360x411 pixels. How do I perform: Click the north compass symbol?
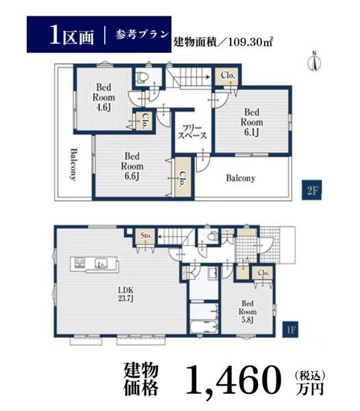tap(314, 61)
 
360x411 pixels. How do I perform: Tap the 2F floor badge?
tap(311, 190)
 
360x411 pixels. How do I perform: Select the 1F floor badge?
tap(290, 329)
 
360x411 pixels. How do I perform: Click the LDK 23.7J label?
tap(126, 294)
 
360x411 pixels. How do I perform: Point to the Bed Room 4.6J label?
tap(103, 97)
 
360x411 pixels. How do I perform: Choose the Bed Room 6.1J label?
tap(252, 122)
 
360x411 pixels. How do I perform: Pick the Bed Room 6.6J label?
tap(132, 166)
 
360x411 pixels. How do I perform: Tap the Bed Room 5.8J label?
tap(248, 312)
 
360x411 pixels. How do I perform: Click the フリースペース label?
tap(192, 132)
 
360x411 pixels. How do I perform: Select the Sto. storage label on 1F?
tap(146, 236)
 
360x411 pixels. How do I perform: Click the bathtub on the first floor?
tap(204, 326)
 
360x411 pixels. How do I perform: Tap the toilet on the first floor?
tap(212, 236)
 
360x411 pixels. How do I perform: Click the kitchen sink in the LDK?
tap(101, 263)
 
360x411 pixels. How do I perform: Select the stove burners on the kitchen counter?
tap(79, 263)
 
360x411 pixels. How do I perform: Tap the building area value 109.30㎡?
tap(250, 42)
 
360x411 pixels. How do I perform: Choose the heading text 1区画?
tap(71, 35)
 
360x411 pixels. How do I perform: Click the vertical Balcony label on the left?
tap(74, 164)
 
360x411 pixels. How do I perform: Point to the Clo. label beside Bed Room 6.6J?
tap(183, 179)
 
